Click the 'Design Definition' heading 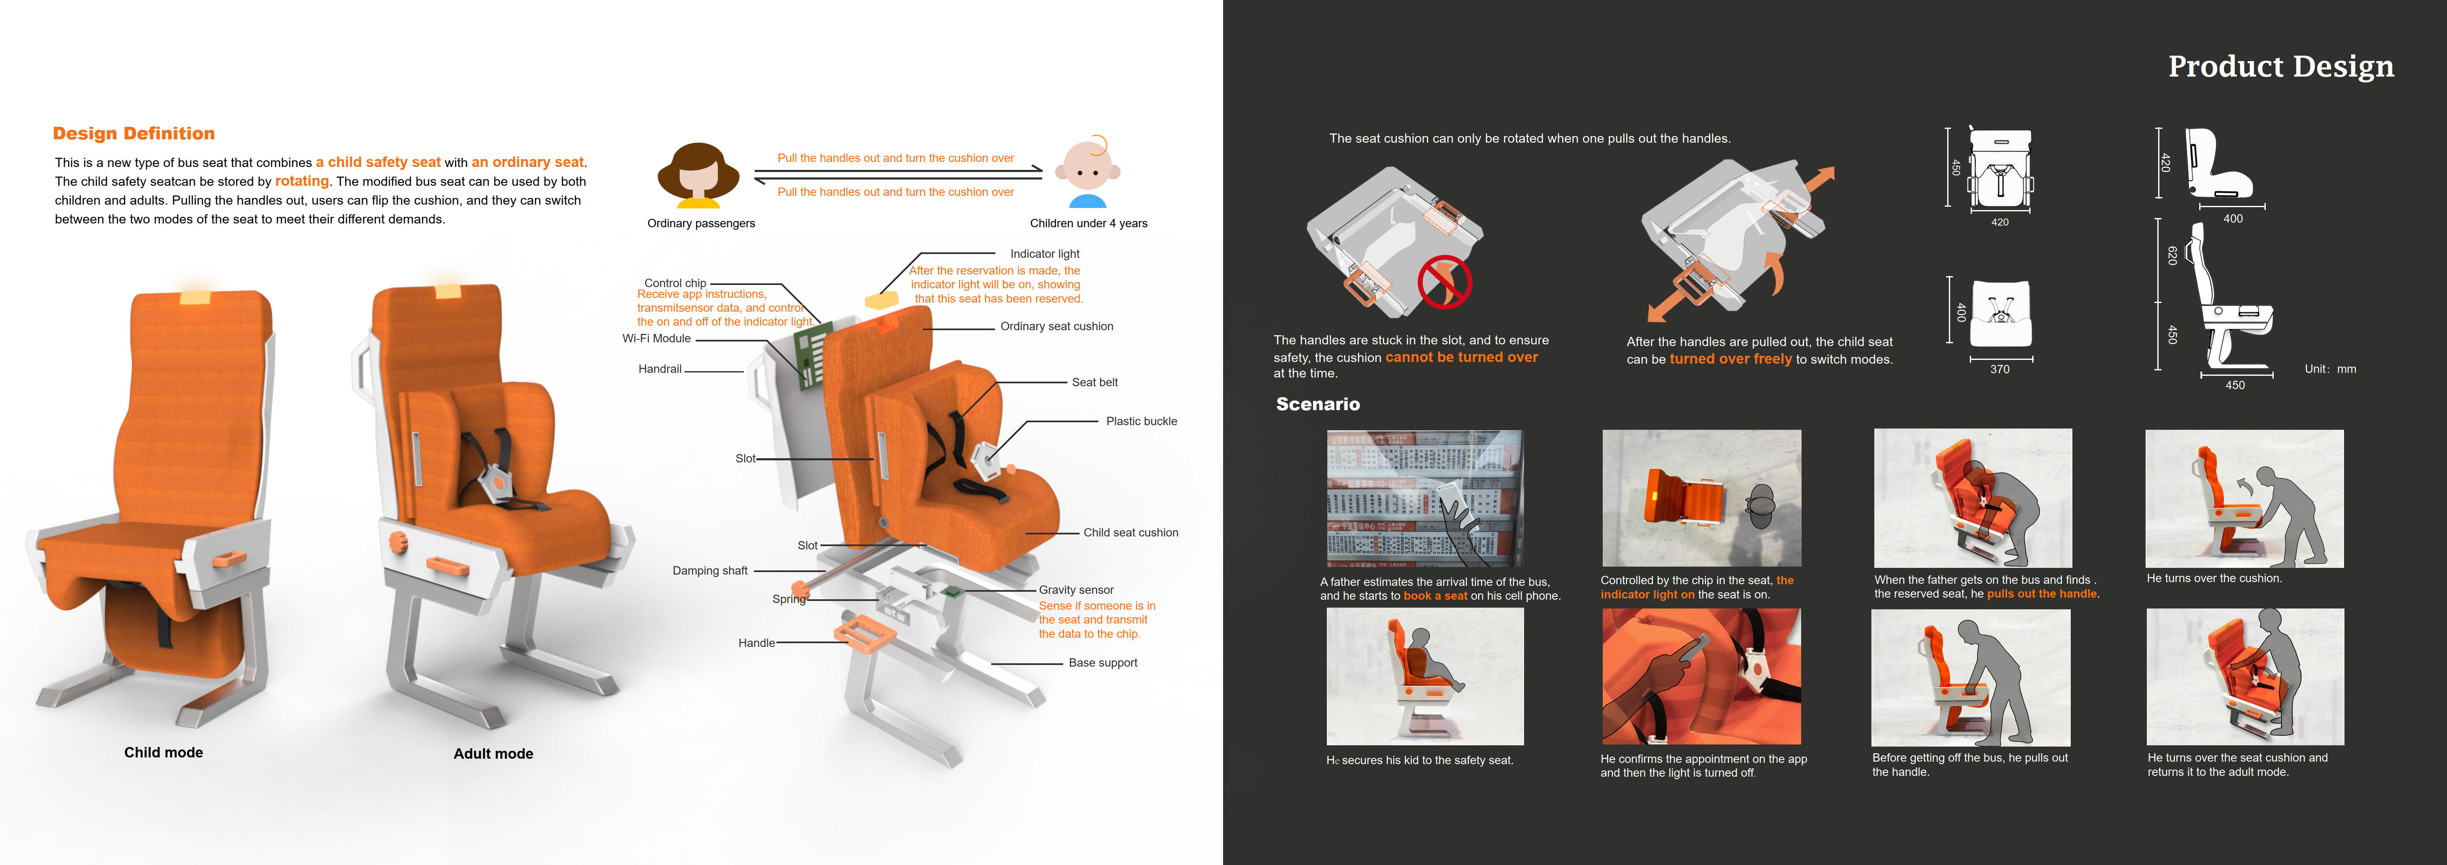click(x=134, y=134)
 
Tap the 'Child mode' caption click(x=163, y=752)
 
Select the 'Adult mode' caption click(x=493, y=753)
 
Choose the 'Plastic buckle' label click(x=1141, y=421)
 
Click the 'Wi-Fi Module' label click(x=656, y=338)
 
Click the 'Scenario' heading click(x=1318, y=405)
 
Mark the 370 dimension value click(x=2000, y=370)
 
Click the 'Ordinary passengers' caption click(x=701, y=223)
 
